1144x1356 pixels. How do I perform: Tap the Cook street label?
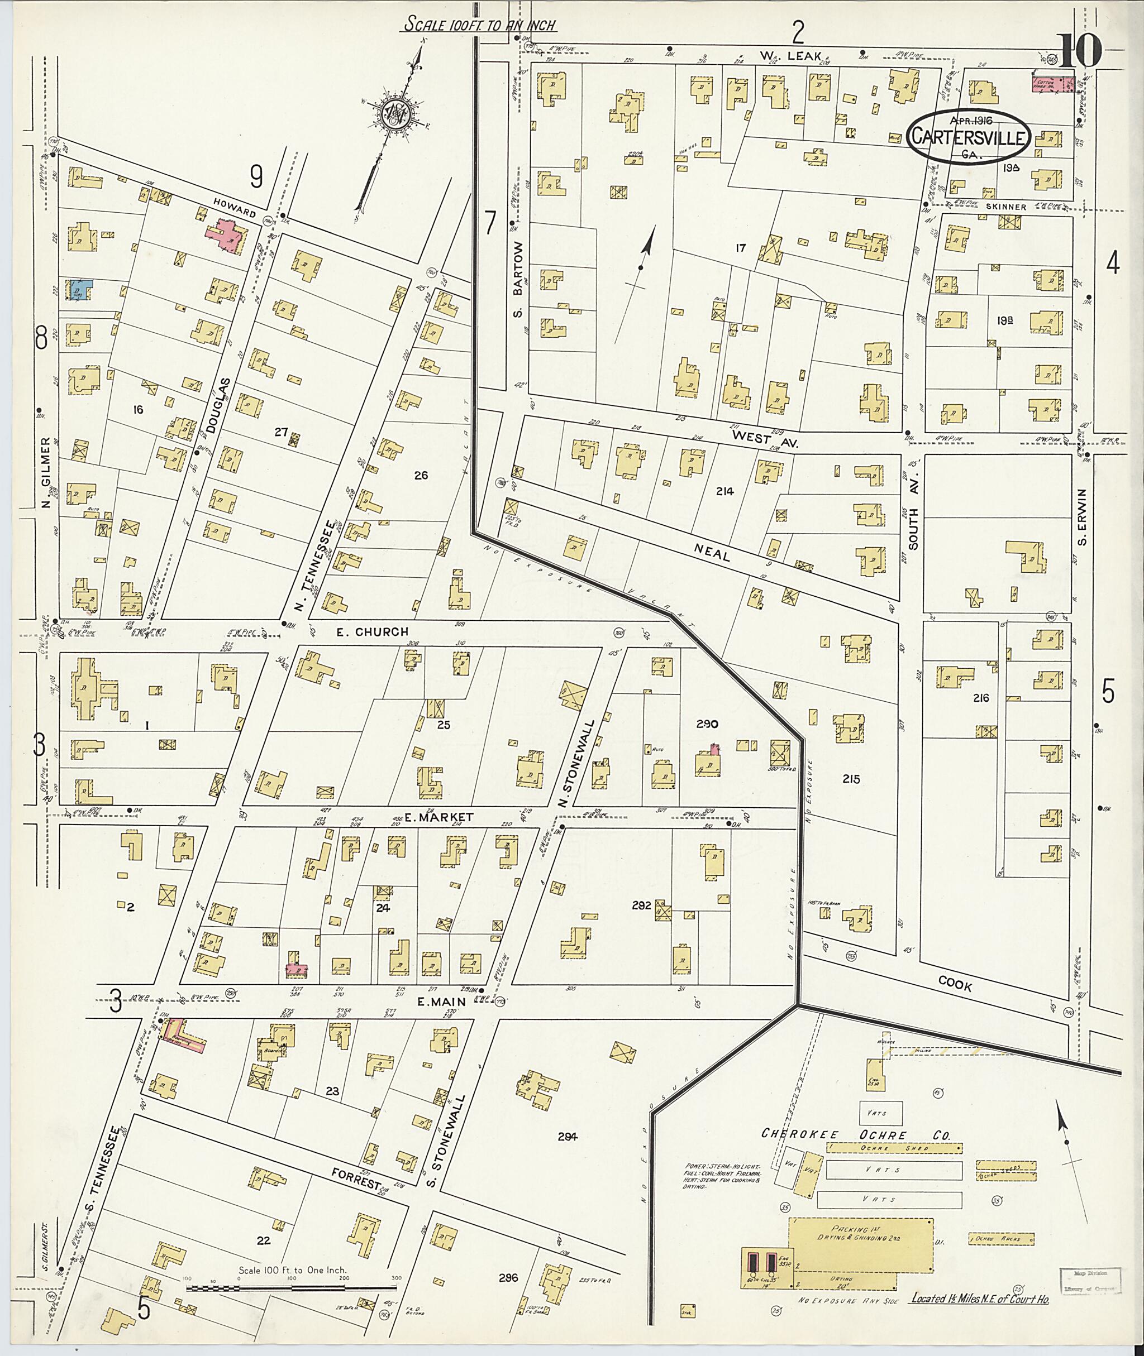[x=955, y=986]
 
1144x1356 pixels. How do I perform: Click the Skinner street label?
[x=1006, y=206]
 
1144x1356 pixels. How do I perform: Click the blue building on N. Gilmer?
[x=78, y=289]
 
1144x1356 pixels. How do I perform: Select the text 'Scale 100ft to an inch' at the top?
[x=481, y=25]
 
